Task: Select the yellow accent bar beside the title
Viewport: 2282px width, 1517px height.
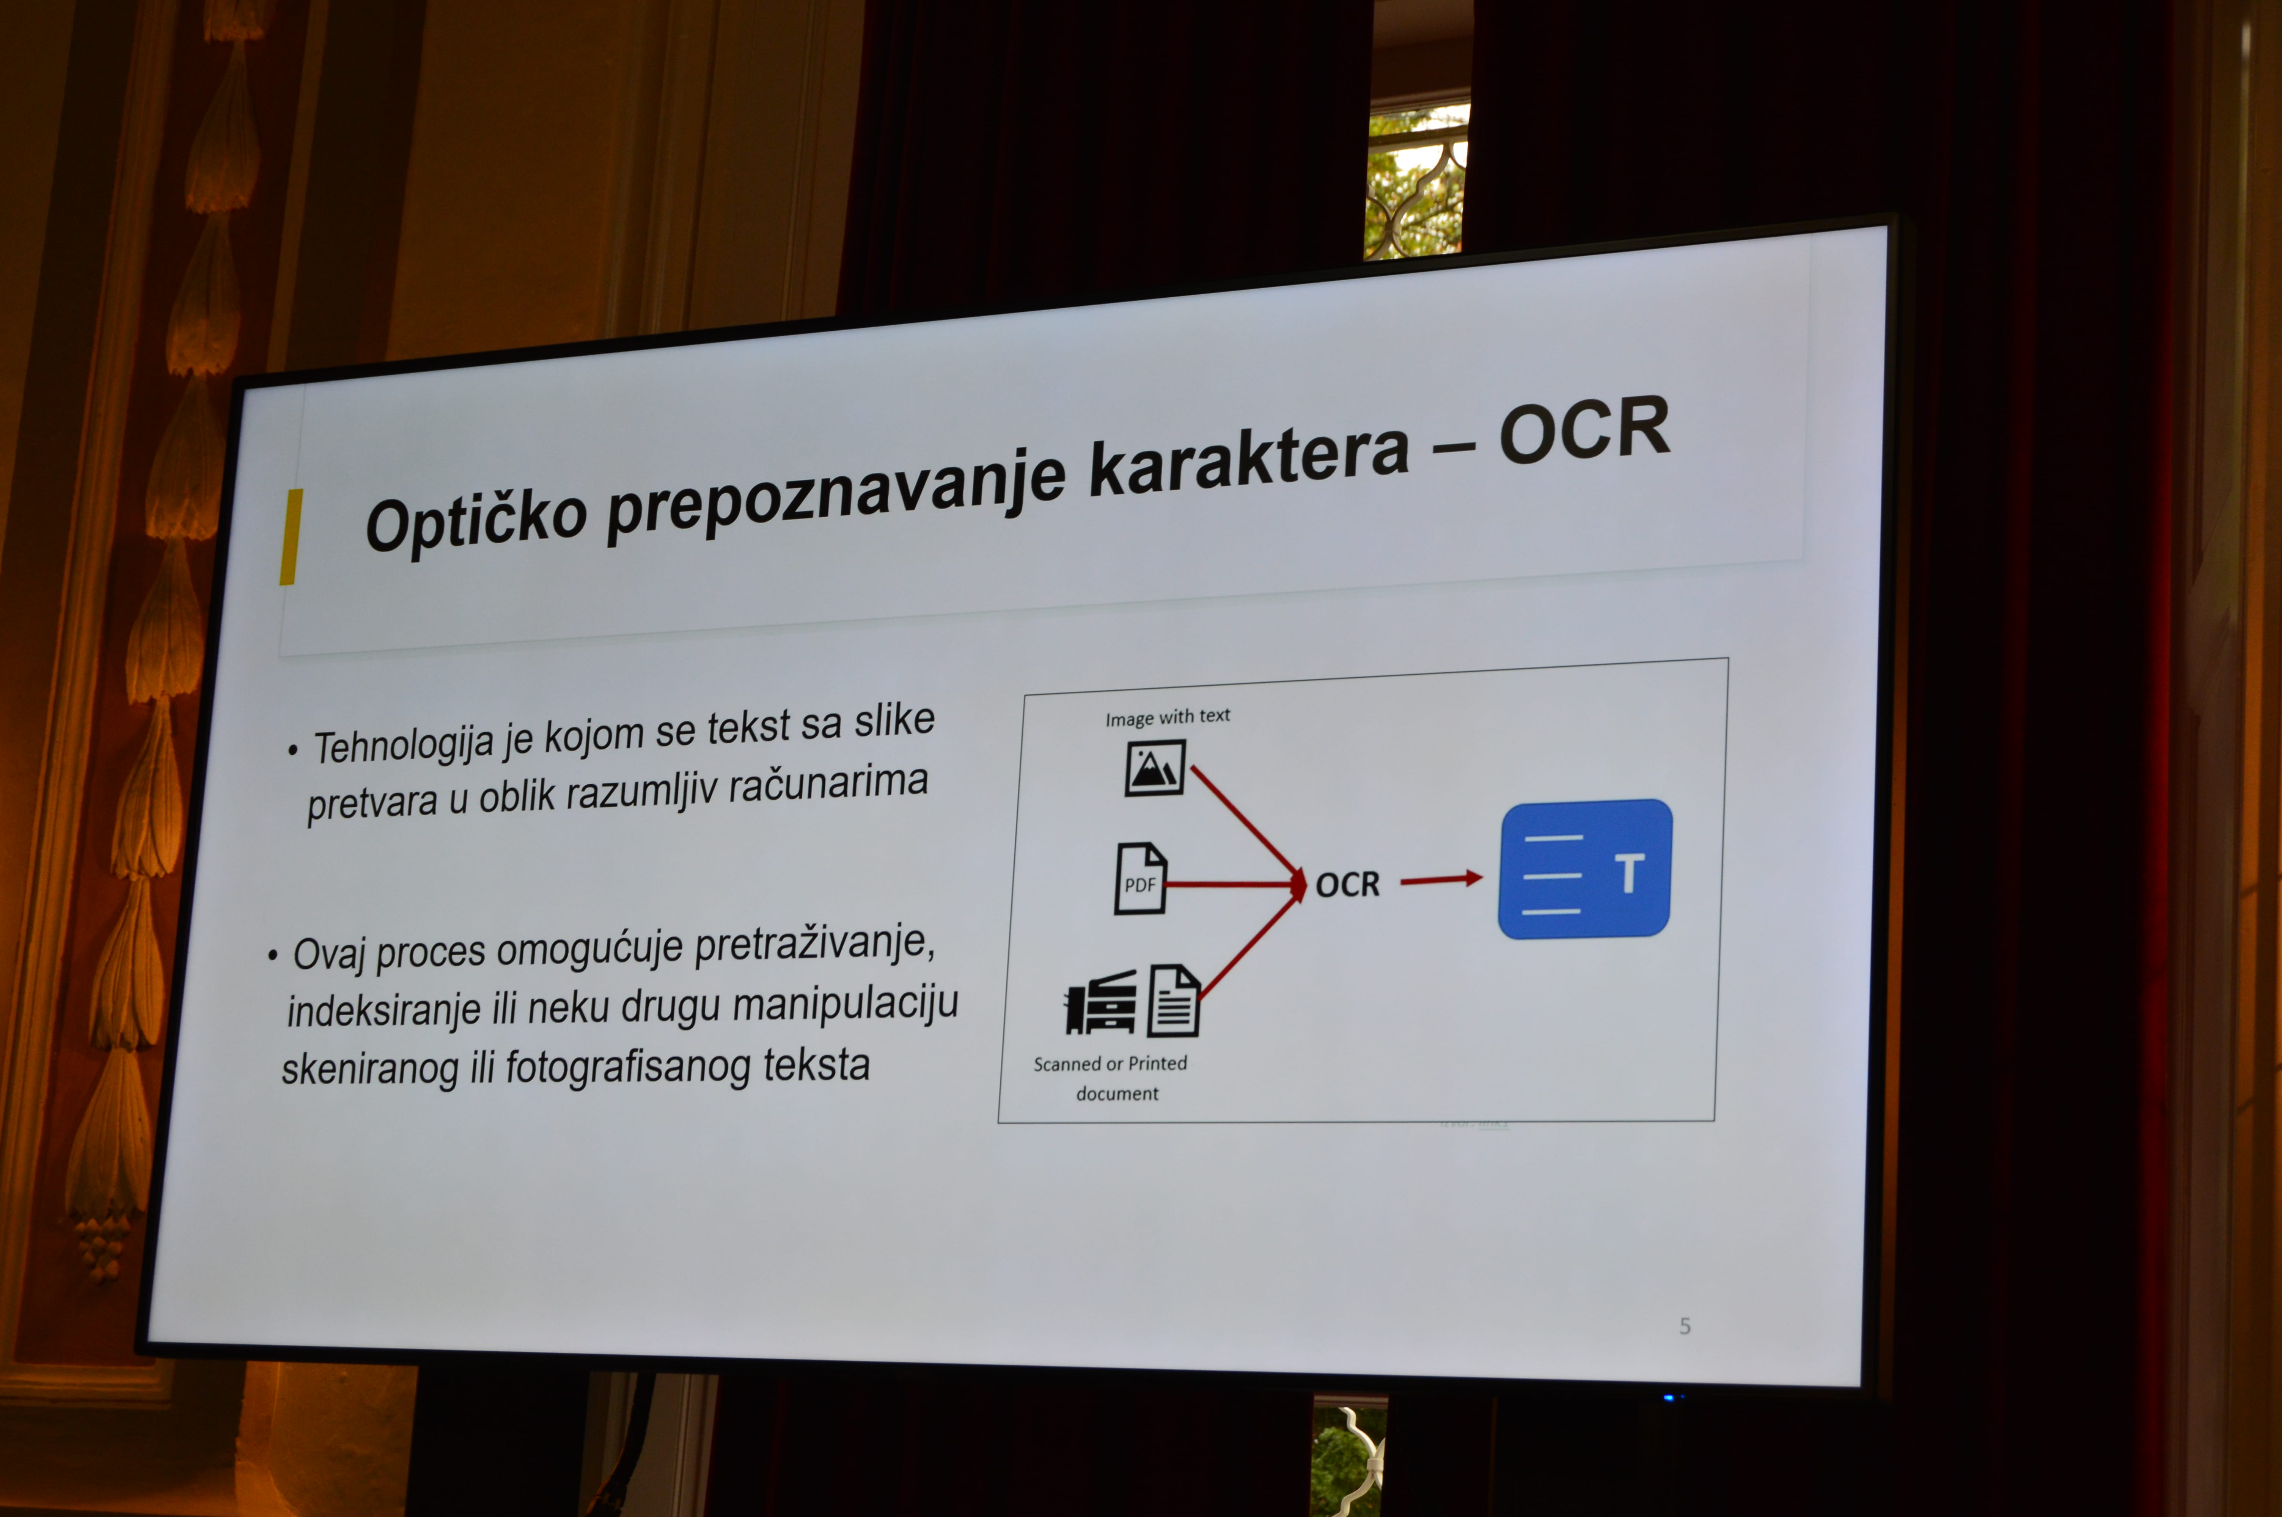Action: click(290, 537)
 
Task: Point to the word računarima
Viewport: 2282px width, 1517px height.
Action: click(828, 784)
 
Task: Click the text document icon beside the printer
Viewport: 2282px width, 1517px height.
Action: click(1173, 1000)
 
